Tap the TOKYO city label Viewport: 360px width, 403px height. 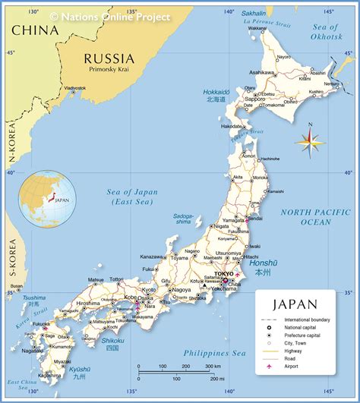[224, 273]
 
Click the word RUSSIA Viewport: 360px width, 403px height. [109, 58]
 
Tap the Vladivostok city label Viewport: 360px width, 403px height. [74, 88]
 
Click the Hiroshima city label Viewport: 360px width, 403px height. [88, 303]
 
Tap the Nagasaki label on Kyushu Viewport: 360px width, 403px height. [32, 351]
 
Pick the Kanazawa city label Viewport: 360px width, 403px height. [153, 257]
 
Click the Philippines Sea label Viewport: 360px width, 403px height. [216, 353]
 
